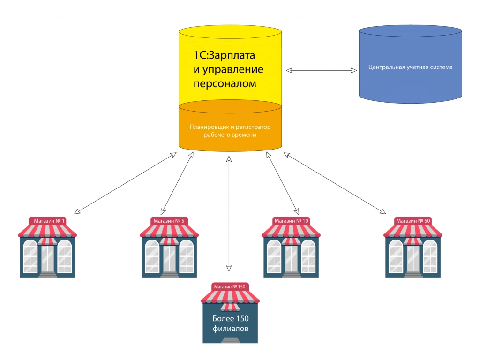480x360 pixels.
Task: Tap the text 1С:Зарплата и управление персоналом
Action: pyautogui.click(x=229, y=70)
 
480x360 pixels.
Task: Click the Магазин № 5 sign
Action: pyautogui.click(x=168, y=220)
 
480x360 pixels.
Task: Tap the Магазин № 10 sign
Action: pyautogui.click(x=291, y=220)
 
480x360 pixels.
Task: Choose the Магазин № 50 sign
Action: pyautogui.click(x=413, y=220)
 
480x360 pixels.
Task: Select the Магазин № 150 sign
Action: pyautogui.click(x=229, y=287)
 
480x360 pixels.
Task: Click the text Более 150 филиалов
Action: pyautogui.click(x=230, y=323)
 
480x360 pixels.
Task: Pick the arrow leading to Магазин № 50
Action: pyautogui.click(x=335, y=183)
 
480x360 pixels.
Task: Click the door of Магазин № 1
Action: pyautogui.click(x=48, y=258)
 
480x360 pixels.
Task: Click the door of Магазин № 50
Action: pyautogui.click(x=413, y=258)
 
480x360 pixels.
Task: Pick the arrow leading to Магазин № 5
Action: pyautogui.click(x=177, y=183)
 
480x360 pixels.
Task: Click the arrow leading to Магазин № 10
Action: pyautogui.click(x=282, y=183)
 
